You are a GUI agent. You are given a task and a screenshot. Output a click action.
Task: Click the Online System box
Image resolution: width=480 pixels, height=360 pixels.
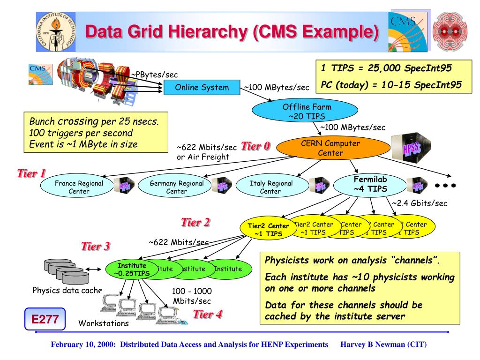tap(202, 87)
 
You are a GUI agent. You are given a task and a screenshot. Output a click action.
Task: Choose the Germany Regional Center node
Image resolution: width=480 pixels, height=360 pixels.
tap(176, 187)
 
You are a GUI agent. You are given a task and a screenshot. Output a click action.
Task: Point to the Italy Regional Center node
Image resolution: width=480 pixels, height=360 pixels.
tap(270, 187)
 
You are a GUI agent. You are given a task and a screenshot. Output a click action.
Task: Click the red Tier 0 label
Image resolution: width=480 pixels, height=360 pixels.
tap(255, 146)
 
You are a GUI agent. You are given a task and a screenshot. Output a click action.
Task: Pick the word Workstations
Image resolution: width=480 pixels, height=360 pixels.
tap(103, 323)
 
